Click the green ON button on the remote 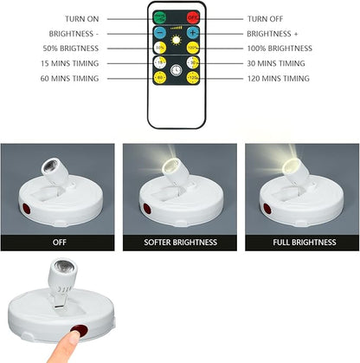(159, 16)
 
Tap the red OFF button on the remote (191, 16)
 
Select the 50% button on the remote (159, 48)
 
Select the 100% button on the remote (191, 48)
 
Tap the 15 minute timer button (159, 63)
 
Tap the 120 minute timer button (191, 79)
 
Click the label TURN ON (81, 17)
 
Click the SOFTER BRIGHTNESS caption (179, 242)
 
